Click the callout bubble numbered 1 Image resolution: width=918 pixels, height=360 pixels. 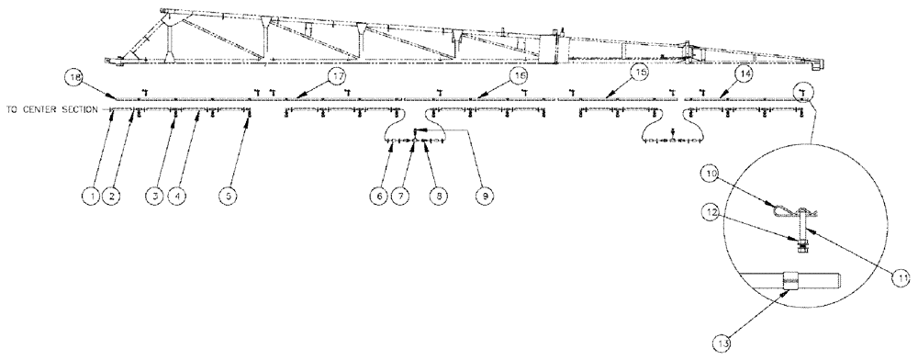click(x=89, y=195)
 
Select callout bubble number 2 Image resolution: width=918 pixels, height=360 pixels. click(x=109, y=195)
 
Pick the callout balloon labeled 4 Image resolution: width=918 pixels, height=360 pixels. click(x=178, y=195)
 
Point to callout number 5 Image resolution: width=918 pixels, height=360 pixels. click(x=227, y=195)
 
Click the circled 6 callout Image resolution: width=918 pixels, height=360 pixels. click(x=377, y=195)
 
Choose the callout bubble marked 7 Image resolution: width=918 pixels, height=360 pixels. click(x=400, y=195)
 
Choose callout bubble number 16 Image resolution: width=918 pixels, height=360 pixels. click(x=520, y=73)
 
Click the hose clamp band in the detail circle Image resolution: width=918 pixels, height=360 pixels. click(x=792, y=277)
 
